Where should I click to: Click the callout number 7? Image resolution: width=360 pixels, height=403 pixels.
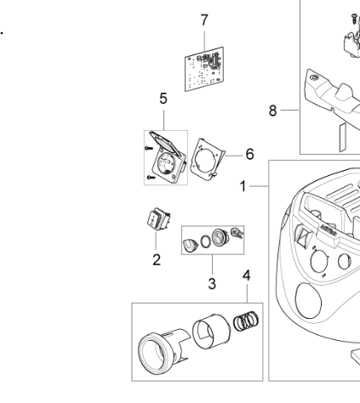tap(204, 20)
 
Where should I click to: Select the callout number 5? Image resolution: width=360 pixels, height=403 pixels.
tap(163, 99)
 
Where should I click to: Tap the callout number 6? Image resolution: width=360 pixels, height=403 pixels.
tap(249, 154)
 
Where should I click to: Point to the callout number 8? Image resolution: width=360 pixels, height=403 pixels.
tap(272, 111)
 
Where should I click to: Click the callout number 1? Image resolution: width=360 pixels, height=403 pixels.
tap(243, 186)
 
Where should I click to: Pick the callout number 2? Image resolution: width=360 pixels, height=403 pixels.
tap(157, 259)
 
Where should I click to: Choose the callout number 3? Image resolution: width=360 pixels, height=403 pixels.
tap(212, 284)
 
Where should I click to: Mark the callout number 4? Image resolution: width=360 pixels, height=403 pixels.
tap(247, 275)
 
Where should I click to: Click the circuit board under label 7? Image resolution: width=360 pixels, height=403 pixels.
tap(204, 69)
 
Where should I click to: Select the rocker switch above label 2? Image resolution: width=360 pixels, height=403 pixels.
tap(158, 219)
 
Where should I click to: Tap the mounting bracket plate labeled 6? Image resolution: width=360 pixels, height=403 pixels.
tap(207, 160)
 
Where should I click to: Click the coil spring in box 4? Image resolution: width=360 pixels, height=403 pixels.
tap(246, 321)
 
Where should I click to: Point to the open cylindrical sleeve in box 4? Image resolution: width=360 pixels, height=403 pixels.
tap(211, 332)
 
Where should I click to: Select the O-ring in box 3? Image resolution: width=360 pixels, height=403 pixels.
tap(205, 242)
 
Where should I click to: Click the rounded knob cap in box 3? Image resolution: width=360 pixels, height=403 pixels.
tap(190, 245)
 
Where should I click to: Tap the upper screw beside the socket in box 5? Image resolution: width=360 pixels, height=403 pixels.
tap(149, 148)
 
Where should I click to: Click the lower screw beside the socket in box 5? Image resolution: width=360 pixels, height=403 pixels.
tap(151, 178)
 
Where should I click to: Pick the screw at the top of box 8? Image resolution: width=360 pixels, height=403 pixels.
tap(354, 19)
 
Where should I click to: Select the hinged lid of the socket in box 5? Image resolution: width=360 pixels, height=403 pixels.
tap(164, 143)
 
